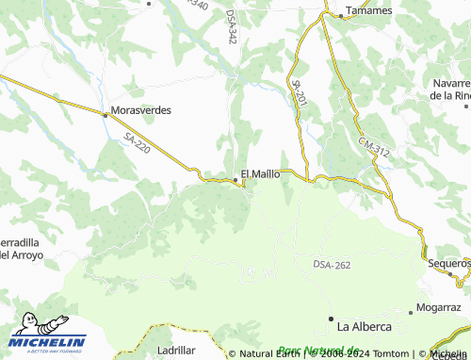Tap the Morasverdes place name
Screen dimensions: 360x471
141,110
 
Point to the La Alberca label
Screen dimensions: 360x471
364,327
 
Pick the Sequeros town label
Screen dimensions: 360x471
447,263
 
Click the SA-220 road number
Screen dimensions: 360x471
137,142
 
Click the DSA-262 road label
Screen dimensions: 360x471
332,266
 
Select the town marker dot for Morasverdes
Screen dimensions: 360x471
105,114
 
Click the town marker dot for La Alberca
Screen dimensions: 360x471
332,319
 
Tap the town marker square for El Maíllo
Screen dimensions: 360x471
235,179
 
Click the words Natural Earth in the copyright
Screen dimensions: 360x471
268,354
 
